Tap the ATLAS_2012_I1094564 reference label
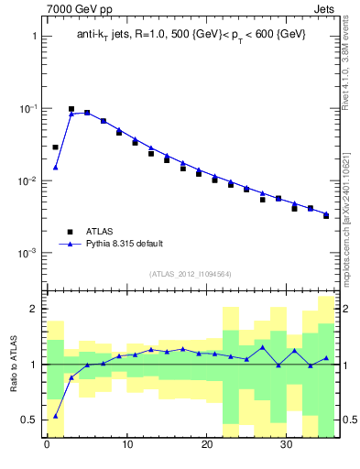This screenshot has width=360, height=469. click(191, 274)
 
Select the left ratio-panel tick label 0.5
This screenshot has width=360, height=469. click(28, 420)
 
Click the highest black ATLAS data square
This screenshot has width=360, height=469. click(71, 109)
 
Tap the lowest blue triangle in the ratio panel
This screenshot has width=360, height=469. click(55, 416)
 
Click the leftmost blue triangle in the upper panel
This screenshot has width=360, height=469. click(55, 168)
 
